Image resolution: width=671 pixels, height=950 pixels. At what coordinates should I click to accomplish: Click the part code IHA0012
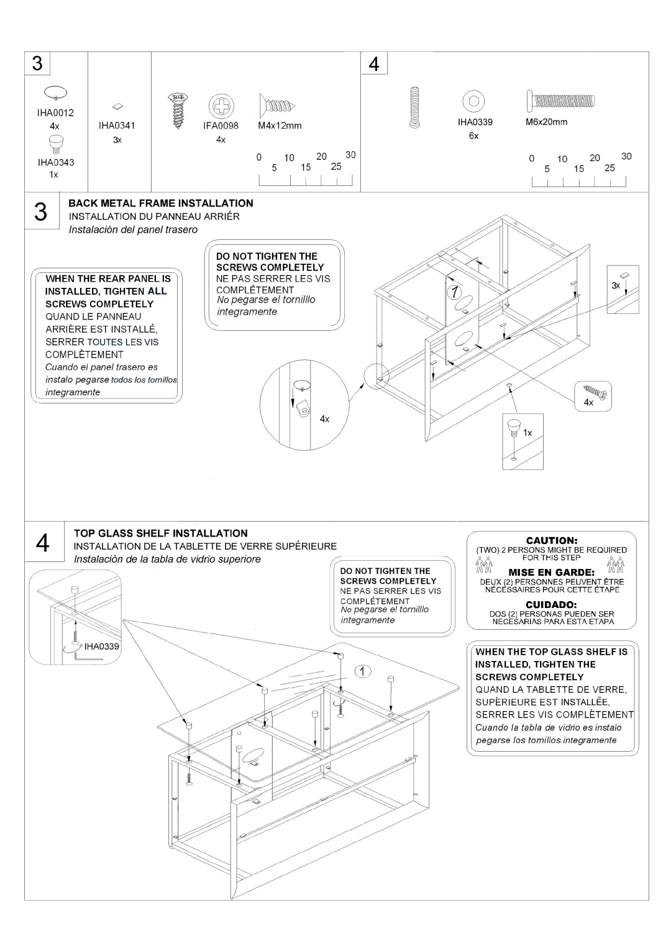pos(55,113)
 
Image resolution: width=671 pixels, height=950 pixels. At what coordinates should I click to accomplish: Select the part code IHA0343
pos(55,162)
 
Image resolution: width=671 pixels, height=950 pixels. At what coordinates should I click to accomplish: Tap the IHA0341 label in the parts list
pos(117,125)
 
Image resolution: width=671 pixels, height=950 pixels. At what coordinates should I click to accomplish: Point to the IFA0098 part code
pos(221,126)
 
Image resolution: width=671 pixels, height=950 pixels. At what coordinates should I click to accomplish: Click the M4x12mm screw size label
pos(280,126)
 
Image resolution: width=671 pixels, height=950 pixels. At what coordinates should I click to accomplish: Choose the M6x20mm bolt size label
pos(547,122)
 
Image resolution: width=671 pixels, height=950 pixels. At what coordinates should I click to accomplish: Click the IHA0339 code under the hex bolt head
pos(475,122)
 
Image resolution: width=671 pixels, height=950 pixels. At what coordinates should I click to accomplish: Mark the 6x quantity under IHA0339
pos(474,136)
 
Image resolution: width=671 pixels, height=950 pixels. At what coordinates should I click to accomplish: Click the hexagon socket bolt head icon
pos(474,101)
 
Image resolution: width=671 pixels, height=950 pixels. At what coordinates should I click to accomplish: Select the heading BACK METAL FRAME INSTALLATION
pos(160,203)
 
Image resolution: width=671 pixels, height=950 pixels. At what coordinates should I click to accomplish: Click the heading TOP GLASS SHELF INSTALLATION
pos(161,533)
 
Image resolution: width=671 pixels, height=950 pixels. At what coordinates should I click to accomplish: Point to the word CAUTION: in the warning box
pos(552,541)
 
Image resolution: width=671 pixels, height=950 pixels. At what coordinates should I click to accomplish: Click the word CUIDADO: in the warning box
pos(552,604)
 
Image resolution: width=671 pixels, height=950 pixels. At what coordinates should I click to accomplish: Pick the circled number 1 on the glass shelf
pos(363,670)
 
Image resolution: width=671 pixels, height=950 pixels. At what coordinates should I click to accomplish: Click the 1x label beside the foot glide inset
pos(527,433)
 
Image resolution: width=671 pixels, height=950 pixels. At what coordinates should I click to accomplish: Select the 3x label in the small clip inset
pos(615,285)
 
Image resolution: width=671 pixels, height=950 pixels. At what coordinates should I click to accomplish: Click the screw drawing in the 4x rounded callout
pos(595,392)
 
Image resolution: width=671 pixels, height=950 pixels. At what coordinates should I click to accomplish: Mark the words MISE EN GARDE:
pos(552,572)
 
